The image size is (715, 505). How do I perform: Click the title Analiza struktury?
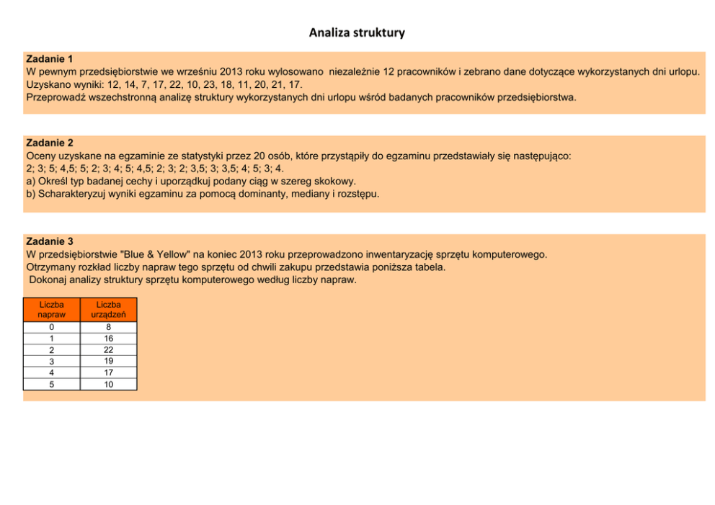[357, 32]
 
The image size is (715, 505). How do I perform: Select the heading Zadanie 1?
[49, 58]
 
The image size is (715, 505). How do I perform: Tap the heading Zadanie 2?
[49, 143]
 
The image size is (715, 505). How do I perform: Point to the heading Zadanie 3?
[49, 241]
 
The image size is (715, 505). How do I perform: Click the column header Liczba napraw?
[51, 310]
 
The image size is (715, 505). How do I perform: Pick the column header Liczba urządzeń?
[108, 310]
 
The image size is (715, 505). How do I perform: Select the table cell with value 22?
[108, 349]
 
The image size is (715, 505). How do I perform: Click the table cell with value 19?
[108, 361]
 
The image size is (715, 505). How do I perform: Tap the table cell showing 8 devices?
[108, 327]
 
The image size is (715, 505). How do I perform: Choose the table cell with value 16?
[108, 338]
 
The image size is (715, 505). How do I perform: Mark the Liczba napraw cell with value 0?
[51, 327]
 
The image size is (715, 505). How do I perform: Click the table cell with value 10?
[108, 384]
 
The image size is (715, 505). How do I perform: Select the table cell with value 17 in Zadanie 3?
[108, 372]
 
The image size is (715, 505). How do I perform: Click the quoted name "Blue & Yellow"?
[156, 254]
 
